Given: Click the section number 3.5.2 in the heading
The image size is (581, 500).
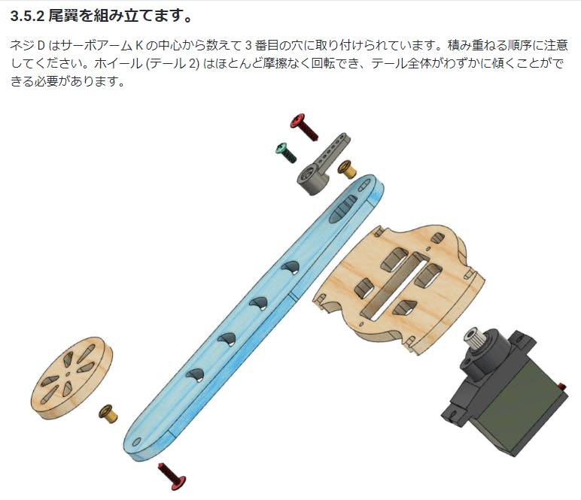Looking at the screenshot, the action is point(27,17).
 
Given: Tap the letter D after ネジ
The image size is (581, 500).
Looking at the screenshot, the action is point(41,46).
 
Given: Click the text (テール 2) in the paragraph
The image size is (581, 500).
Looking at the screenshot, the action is point(172,64).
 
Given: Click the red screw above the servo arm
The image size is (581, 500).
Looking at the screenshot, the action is point(304,127).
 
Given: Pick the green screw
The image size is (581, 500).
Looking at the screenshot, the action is point(287,153).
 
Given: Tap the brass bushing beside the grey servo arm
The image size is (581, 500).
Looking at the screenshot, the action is point(347,169).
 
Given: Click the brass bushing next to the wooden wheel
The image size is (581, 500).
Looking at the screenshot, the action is point(108,414).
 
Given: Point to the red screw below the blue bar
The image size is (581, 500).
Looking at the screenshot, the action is point(172,476).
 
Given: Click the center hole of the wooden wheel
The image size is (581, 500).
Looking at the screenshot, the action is point(68,374).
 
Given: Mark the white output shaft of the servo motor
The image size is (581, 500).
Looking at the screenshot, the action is point(473,337).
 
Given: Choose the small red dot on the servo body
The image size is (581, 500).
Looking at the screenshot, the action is point(563,386).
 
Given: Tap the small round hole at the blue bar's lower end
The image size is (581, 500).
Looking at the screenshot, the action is point(137,442).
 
